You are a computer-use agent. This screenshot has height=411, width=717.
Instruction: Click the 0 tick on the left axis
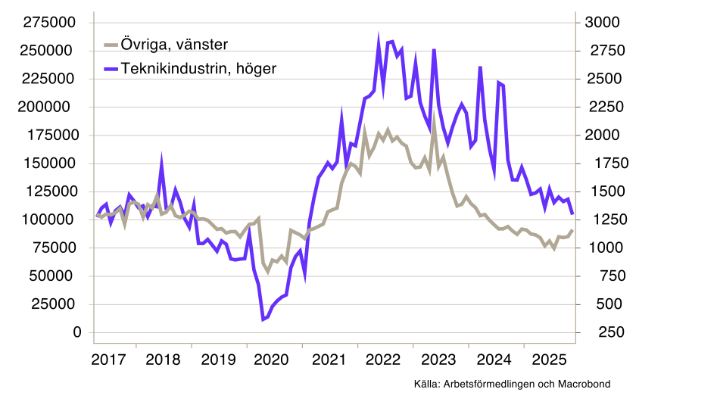pyautogui.click(x=76, y=332)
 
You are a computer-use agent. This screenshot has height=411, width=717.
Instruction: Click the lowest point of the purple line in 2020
pyautogui.click(x=263, y=319)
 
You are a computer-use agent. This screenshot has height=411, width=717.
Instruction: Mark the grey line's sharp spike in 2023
pyautogui.click(x=434, y=122)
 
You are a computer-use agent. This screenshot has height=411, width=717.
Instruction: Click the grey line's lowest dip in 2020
pyautogui.click(x=267, y=271)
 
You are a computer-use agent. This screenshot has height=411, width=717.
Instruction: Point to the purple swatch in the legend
pyautogui.click(x=111, y=68)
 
